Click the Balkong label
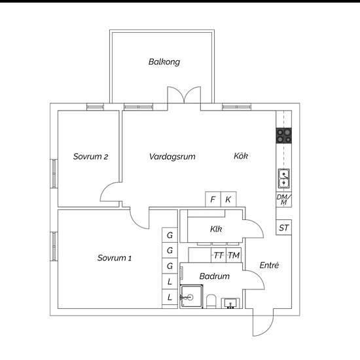pyautogui.click(x=164, y=62)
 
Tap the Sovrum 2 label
pyautogui.click(x=90, y=156)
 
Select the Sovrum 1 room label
pyautogui.click(x=115, y=258)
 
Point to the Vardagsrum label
pyautogui.click(x=172, y=157)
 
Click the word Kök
pyautogui.click(x=241, y=156)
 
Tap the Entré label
pyautogui.click(x=269, y=265)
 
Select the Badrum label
pyautogui.click(x=215, y=276)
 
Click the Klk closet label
pyautogui.click(x=216, y=229)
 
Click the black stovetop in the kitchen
pyautogui.click(x=284, y=135)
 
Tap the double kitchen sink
pyautogui.click(x=284, y=179)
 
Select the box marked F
pyautogui.click(x=213, y=199)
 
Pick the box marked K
pyautogui.click(x=228, y=199)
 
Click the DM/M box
pyautogui.click(x=284, y=200)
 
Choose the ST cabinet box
pyautogui.click(x=284, y=228)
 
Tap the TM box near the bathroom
pyautogui.click(x=234, y=255)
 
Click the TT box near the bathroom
pyautogui.click(x=219, y=255)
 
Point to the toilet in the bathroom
pyautogui.click(x=211, y=302)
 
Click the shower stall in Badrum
pyautogui.click(x=191, y=297)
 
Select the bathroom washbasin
pyautogui.click(x=230, y=303)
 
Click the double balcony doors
pyautogui.click(x=184, y=95)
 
